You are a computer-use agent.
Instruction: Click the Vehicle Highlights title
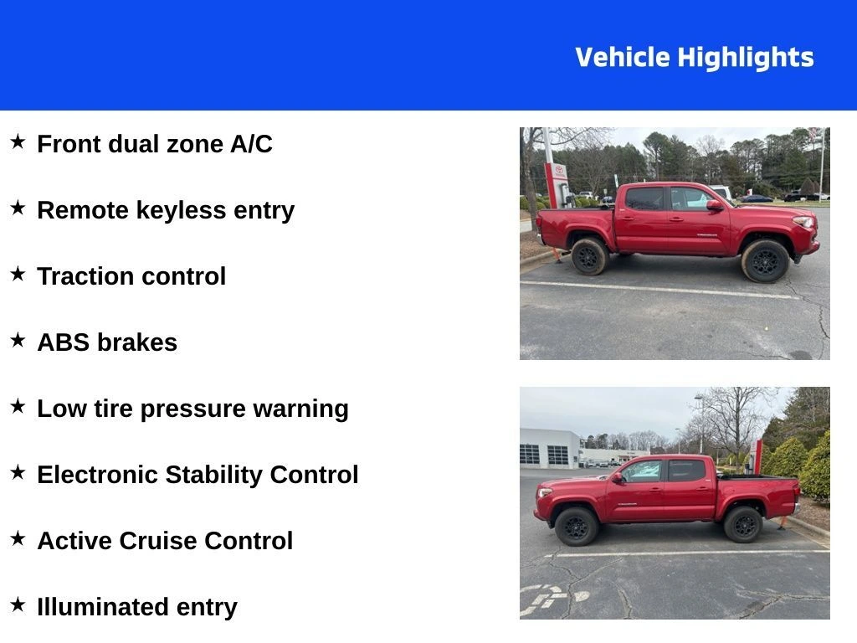[x=694, y=58]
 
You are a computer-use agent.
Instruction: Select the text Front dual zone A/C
[x=155, y=144]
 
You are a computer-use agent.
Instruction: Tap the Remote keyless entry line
[x=166, y=210]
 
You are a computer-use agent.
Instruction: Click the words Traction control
[x=131, y=276]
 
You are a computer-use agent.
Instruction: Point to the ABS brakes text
[x=107, y=342]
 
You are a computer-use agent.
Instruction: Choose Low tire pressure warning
[x=192, y=409]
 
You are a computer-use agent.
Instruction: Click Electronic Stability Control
[x=198, y=475]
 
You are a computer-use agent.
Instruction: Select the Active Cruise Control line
[x=165, y=541]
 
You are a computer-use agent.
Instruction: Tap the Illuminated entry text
[x=137, y=607]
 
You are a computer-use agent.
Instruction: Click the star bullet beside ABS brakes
[x=18, y=340]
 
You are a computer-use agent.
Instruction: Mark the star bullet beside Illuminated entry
[x=18, y=604]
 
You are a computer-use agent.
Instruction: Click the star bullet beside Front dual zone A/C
[x=18, y=141]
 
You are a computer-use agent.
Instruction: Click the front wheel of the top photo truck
[x=765, y=260]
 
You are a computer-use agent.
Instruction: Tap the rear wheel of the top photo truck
[x=589, y=255]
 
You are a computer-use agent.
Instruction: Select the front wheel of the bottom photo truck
[x=577, y=527]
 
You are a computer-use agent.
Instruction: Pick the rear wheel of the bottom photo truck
[x=742, y=524]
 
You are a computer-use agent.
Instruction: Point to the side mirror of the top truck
[x=713, y=204]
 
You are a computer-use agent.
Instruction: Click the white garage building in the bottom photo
[x=550, y=449]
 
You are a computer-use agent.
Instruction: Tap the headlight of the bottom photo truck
[x=545, y=493]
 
